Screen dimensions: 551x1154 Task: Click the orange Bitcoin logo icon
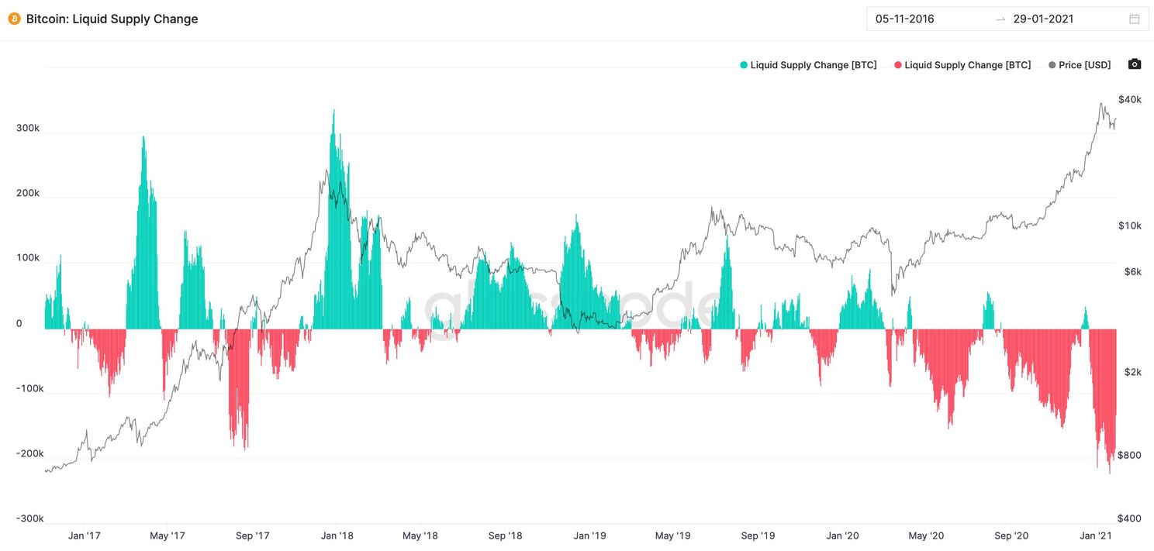click(14, 19)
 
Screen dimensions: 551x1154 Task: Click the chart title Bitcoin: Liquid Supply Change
click(112, 19)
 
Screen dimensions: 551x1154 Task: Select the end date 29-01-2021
click(1043, 19)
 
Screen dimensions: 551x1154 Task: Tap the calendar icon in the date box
click(1134, 19)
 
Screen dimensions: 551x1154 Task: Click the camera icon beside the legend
click(1135, 64)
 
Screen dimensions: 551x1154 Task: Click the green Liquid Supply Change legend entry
click(808, 65)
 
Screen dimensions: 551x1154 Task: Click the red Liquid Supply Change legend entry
click(962, 65)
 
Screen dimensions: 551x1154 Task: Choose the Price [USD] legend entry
click(1080, 65)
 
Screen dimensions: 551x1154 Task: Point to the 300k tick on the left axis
click(28, 128)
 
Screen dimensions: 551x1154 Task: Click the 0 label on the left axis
click(19, 323)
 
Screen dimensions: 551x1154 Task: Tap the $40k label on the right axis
click(1129, 99)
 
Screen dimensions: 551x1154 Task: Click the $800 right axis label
click(1129, 455)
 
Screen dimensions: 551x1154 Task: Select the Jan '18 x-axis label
click(337, 536)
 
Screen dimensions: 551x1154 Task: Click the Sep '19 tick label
click(758, 536)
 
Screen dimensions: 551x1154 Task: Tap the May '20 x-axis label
click(926, 536)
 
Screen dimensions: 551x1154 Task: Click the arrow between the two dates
click(1000, 19)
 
